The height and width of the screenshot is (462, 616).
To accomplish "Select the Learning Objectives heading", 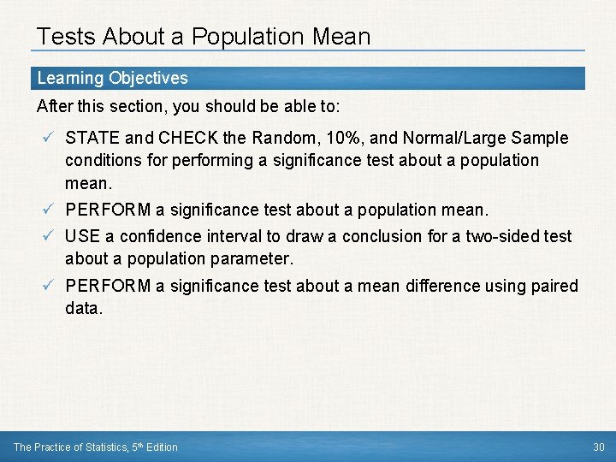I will coord(112,78).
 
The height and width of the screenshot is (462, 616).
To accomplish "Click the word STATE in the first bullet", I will coord(91,138).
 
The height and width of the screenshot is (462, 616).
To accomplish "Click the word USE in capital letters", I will coord(82,236).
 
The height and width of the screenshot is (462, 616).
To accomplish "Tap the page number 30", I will coord(598,447).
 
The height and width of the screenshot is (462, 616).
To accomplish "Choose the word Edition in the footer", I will coord(161,447).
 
